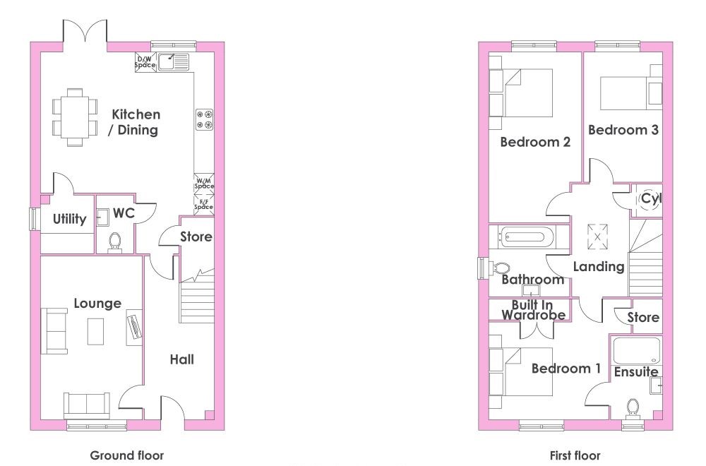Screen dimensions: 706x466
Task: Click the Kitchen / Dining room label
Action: (133, 122)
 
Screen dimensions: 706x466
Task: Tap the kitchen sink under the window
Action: (174, 61)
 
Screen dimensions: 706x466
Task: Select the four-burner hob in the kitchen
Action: (204, 119)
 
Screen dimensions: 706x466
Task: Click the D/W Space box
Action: (145, 61)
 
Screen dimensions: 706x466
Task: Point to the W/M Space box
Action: (204, 184)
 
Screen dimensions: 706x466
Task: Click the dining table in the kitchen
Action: (76, 117)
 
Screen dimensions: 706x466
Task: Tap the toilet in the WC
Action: (114, 242)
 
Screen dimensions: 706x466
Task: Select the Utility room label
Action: (69, 220)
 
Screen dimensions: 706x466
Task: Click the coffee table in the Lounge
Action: (95, 331)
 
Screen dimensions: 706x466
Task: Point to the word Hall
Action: (182, 359)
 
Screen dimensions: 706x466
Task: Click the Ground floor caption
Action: (127, 455)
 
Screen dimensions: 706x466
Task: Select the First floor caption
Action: (575, 455)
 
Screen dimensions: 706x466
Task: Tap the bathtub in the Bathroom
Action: (527, 237)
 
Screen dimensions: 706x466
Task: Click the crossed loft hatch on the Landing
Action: (597, 237)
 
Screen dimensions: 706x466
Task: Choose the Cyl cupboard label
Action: (651, 198)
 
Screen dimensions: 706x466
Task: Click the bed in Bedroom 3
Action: (630, 87)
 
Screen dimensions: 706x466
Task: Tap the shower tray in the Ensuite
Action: (637, 350)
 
